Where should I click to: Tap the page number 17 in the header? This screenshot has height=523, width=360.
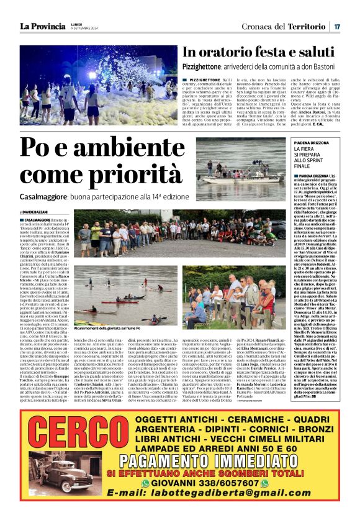coord(336,26)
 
